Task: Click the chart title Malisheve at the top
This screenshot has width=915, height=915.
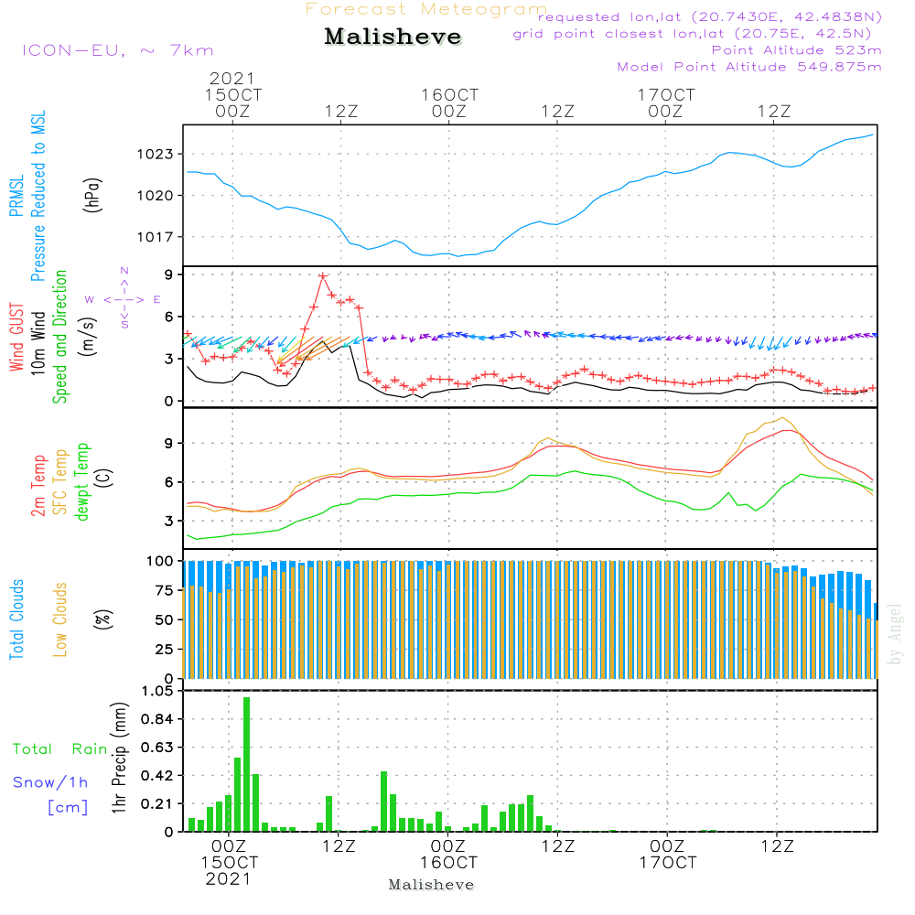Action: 393,38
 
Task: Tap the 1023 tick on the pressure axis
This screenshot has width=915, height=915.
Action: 156,154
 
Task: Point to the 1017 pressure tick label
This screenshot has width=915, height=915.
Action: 156,237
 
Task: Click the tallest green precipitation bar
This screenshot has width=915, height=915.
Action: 246,764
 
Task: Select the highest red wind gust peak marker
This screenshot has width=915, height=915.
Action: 323,274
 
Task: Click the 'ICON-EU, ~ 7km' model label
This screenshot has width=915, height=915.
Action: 117,50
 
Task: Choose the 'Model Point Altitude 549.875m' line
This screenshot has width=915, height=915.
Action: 749,67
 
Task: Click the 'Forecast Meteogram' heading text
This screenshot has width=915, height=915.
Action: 425,9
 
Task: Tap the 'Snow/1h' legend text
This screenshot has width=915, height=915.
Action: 50,782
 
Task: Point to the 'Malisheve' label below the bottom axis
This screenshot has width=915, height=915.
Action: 431,885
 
